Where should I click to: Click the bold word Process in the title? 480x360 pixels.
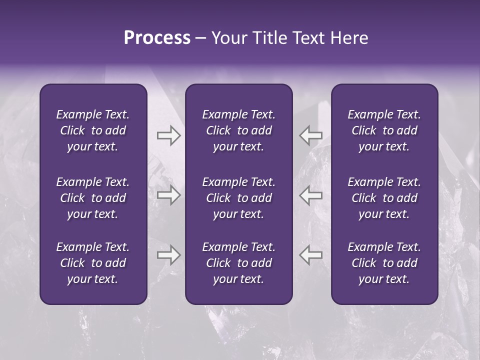(157, 38)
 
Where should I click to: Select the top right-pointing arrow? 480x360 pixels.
(168, 135)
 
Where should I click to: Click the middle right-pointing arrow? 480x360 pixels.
(168, 195)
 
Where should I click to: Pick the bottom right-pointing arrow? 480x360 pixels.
(168, 255)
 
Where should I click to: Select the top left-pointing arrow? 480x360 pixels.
(310, 135)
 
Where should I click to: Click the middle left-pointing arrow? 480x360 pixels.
(310, 195)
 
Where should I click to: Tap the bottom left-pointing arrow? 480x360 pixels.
(310, 255)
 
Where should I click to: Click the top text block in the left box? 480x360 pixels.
(93, 130)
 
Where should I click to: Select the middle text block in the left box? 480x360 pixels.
(93, 198)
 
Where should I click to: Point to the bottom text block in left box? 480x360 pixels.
(93, 263)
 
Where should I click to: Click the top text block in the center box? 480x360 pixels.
(238, 130)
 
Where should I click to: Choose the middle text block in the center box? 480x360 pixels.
(238, 198)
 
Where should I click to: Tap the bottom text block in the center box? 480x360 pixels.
(238, 263)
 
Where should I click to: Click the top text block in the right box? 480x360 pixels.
(384, 130)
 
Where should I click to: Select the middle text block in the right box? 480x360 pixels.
(384, 198)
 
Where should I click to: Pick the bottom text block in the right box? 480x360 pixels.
(384, 263)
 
